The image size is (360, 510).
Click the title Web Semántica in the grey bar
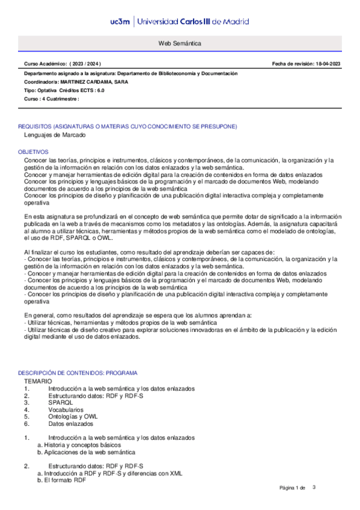pyautogui.click(x=180, y=44)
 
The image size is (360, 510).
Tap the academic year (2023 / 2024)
pyautogui.click(x=87, y=63)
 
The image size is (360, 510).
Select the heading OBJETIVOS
pyautogui.click(x=33, y=152)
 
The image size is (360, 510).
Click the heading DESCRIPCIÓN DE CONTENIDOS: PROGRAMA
pyautogui.click(x=78, y=373)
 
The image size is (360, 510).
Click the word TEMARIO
pyautogui.click(x=38, y=381)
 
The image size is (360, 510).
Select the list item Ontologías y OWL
pyautogui.click(x=73, y=416)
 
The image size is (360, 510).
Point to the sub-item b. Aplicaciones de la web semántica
pyautogui.click(x=86, y=452)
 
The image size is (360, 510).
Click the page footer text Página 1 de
pyautogui.click(x=293, y=487)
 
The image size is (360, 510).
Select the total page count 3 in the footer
pyautogui.click(x=313, y=487)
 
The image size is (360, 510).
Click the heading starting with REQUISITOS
pyautogui.click(x=127, y=126)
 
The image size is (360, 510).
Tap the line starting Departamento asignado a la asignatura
pyautogui.click(x=130, y=73)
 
